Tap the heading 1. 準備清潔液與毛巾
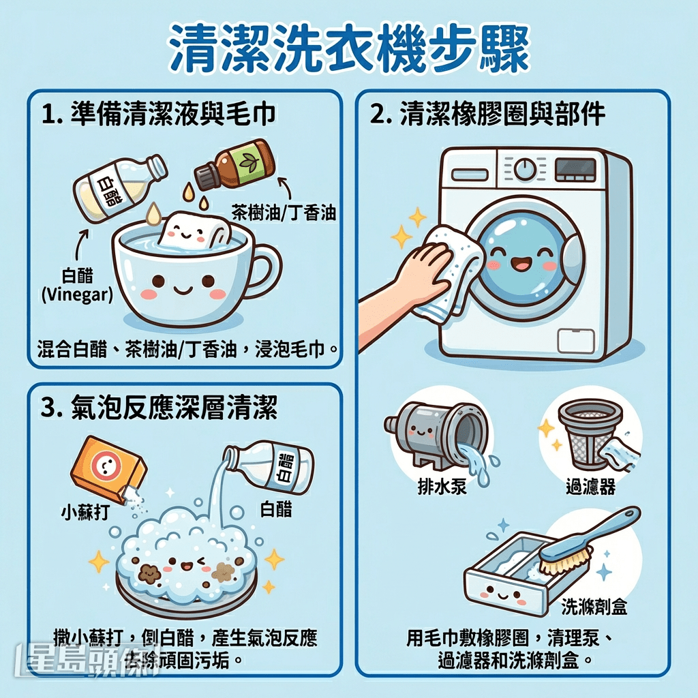pos(158,114)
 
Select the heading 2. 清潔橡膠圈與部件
pos(487,114)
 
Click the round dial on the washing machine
pos(524,167)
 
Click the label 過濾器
pos(590,487)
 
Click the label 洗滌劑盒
pos(594,606)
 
